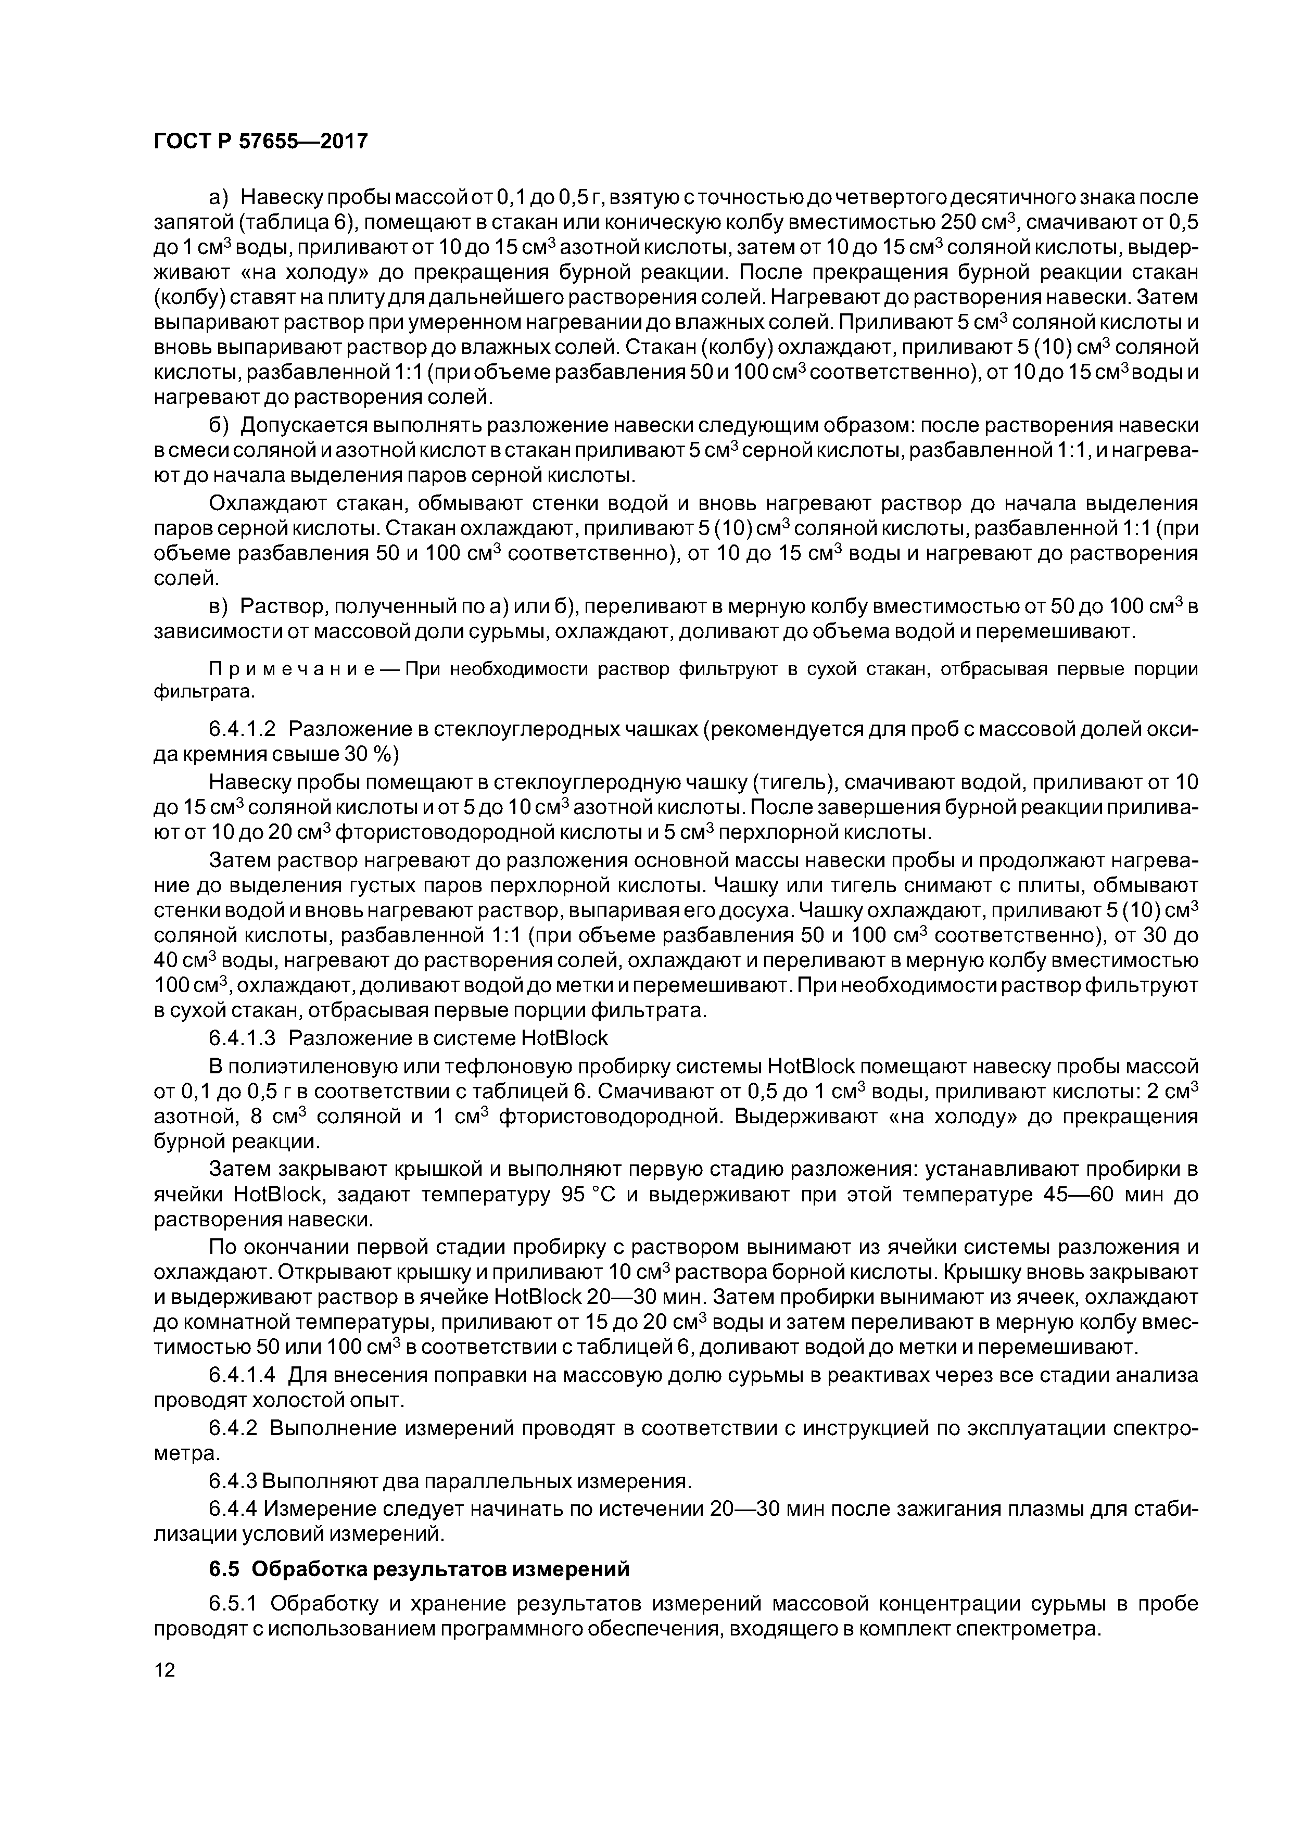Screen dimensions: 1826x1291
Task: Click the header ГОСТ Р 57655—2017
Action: tap(260, 142)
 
